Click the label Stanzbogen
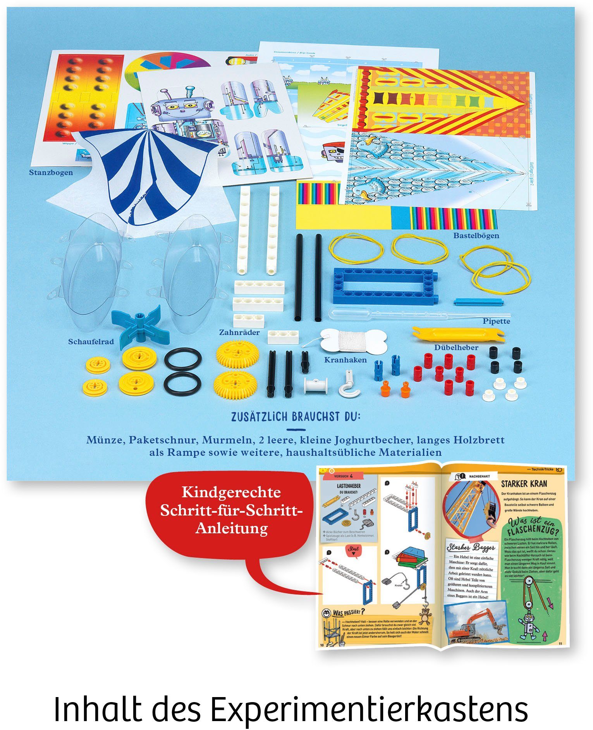coord(51,172)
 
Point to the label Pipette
coord(496,321)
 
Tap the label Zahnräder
coord(239,332)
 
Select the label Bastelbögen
coord(476,235)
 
